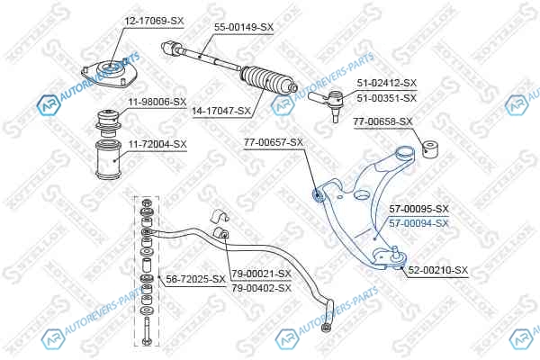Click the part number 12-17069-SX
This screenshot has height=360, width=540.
[x=154, y=21]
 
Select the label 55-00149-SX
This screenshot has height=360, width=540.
[x=244, y=27]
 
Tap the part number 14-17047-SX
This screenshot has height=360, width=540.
[x=221, y=111]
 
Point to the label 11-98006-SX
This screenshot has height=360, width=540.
[x=157, y=102]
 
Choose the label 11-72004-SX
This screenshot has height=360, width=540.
[x=157, y=144]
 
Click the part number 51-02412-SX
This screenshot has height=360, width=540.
[x=387, y=83]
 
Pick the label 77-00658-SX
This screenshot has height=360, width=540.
[x=382, y=121]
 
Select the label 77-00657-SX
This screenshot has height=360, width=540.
[x=274, y=142]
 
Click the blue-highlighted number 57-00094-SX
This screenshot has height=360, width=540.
[x=419, y=223]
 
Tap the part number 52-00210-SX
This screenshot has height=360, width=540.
[x=438, y=270]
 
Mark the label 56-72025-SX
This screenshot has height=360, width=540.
[x=195, y=279]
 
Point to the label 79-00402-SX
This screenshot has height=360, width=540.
[x=261, y=288]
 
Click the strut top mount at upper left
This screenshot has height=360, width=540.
[x=110, y=74]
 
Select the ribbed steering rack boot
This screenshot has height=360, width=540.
[x=268, y=80]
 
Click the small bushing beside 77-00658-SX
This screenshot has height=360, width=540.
[x=430, y=148]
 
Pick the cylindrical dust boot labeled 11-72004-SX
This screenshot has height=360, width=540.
[x=108, y=159]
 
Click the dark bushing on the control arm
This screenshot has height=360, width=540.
[x=317, y=194]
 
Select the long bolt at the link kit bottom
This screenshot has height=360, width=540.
[x=147, y=331]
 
